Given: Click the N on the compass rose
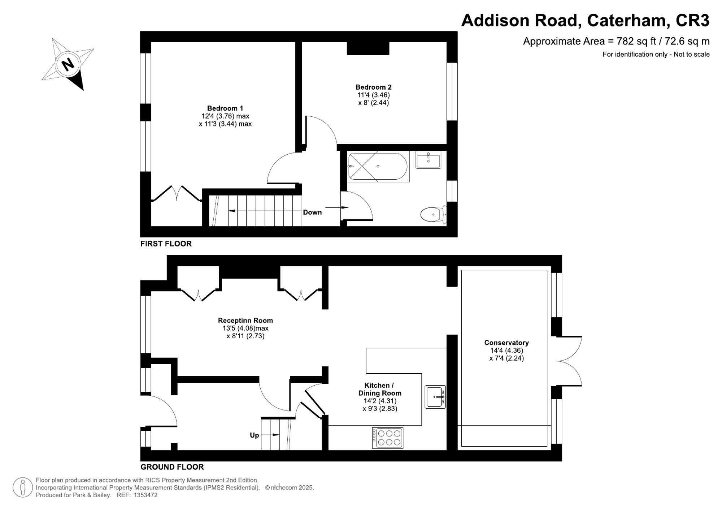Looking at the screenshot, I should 68,65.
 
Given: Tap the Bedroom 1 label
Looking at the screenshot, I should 225,108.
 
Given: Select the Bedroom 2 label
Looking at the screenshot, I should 373,87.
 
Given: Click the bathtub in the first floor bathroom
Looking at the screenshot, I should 378,166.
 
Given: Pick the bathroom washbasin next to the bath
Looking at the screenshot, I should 428,160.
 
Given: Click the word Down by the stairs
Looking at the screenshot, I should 312,212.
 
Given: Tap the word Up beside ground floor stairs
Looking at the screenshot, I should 254,435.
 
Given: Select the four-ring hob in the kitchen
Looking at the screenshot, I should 387,438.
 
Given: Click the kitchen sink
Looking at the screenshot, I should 435,397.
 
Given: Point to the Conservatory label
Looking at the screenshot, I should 506,343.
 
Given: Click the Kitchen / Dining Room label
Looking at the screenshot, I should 379,389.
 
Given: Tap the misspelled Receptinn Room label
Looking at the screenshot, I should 245,321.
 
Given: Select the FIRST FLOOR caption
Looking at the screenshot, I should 166,244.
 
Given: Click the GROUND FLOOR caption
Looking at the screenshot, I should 172,467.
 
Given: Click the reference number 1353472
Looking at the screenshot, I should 145,495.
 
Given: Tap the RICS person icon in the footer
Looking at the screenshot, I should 23,487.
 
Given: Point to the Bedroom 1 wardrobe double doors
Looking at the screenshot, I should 177,193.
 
